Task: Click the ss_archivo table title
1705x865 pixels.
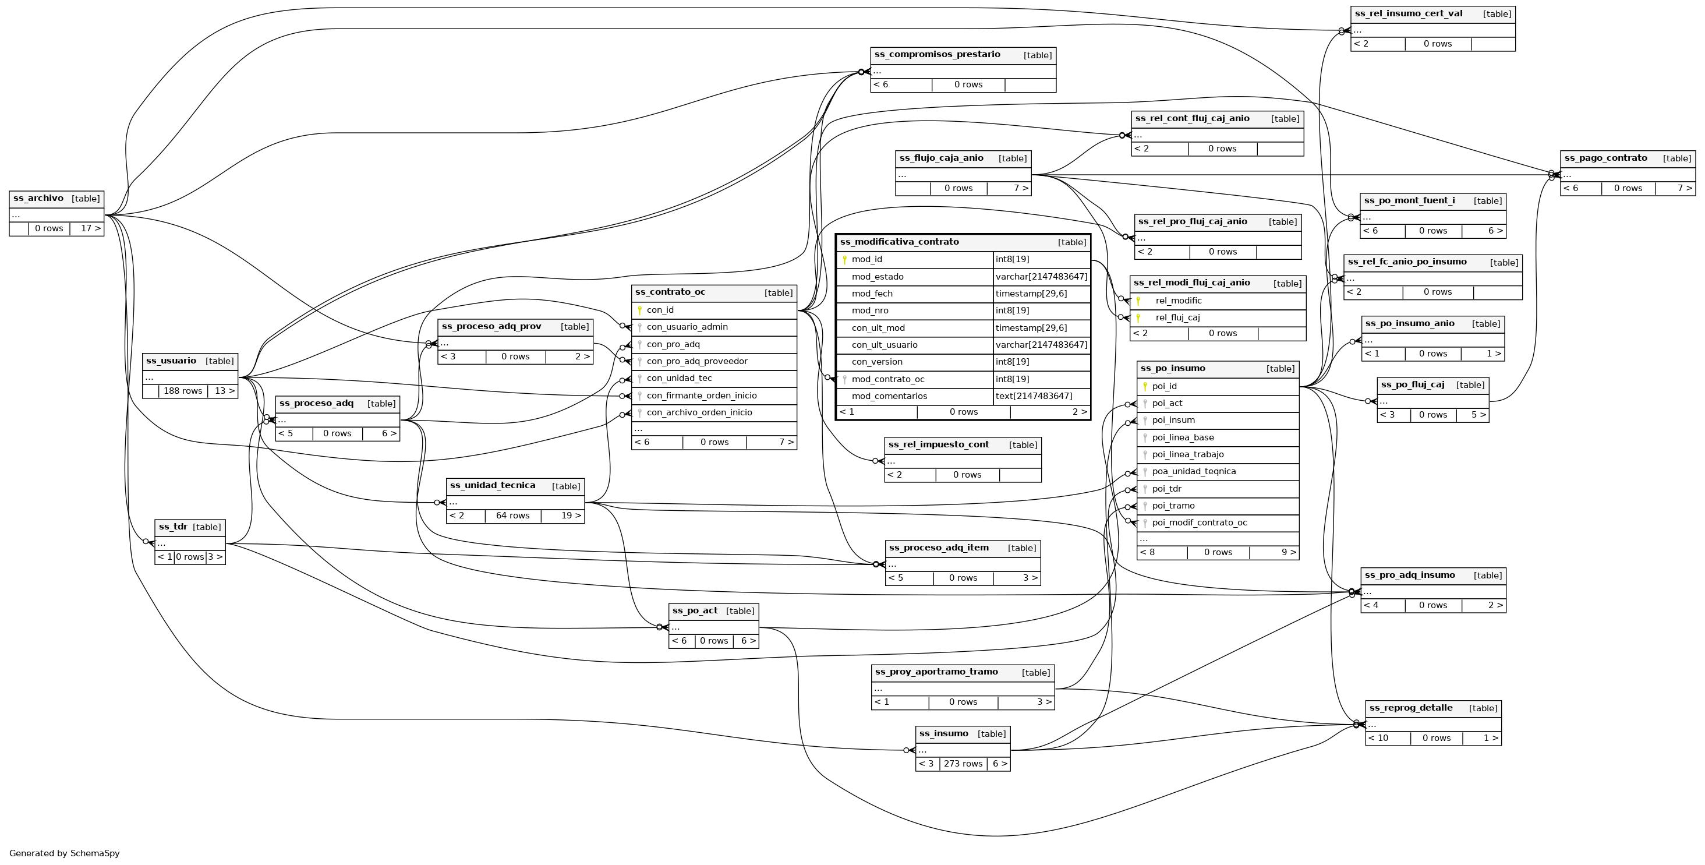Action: pyautogui.click(x=38, y=198)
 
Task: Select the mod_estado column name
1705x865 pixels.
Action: pyautogui.click(x=878, y=277)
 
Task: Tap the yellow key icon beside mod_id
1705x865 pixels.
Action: pyautogui.click(x=844, y=260)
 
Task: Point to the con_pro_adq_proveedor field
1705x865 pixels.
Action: pyautogui.click(x=697, y=361)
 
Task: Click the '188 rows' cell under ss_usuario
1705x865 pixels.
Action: pyautogui.click(x=183, y=391)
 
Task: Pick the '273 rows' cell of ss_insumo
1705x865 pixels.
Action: pyautogui.click(x=963, y=764)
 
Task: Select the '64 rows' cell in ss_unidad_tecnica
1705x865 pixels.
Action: pyautogui.click(x=512, y=516)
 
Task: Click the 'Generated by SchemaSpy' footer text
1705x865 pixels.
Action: pyautogui.click(x=64, y=853)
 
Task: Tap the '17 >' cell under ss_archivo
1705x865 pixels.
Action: pyautogui.click(x=91, y=228)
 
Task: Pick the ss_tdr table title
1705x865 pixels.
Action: pyautogui.click(x=173, y=527)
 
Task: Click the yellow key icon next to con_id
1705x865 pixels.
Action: pyautogui.click(x=639, y=310)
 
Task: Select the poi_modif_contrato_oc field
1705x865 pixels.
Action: pyautogui.click(x=1200, y=522)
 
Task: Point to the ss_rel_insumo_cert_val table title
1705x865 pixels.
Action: pyautogui.click(x=1409, y=13)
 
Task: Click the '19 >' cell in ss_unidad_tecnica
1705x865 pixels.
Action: pyautogui.click(x=567, y=516)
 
